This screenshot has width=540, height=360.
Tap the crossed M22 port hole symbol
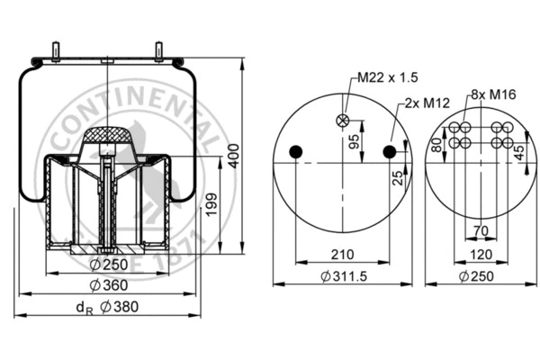(x=342, y=120)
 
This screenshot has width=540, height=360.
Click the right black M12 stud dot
(x=390, y=151)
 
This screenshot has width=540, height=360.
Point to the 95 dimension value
(x=355, y=141)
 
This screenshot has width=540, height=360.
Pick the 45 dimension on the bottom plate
(x=519, y=151)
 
